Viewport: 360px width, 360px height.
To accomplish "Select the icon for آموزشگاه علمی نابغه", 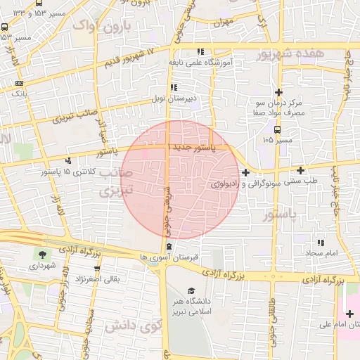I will coord(200,51).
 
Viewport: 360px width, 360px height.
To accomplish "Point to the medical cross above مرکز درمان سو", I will coord(278,92).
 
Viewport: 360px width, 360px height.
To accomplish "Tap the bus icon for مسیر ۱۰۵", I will coord(277,129).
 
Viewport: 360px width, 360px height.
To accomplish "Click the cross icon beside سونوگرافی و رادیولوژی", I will coord(245,172).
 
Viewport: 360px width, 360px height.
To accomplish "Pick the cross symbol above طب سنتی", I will coord(301,170).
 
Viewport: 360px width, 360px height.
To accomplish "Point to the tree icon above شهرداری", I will coord(44,255).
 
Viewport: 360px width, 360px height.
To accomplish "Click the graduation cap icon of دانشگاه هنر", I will coord(191,290).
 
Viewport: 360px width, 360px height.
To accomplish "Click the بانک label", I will coord(20,92).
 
